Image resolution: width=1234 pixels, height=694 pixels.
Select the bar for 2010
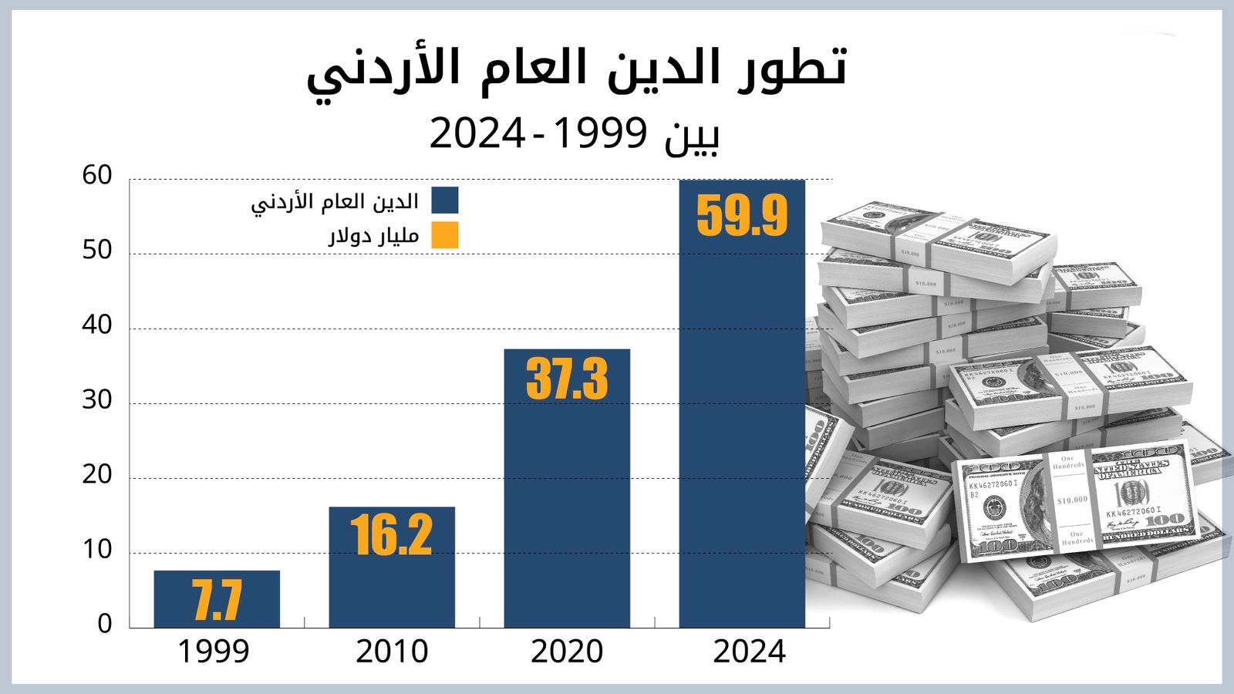[392, 586]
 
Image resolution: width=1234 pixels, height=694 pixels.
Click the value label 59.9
[742, 216]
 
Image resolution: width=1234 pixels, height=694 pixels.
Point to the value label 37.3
[567, 379]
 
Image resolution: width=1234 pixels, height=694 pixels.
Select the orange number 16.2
[392, 535]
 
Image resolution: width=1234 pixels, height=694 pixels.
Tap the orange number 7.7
[217, 601]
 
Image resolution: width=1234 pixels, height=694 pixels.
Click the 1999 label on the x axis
[214, 652]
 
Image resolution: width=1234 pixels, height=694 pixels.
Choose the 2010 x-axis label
[392, 652]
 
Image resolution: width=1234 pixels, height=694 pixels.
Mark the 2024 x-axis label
[749, 652]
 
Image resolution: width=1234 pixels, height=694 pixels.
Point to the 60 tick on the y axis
[98, 176]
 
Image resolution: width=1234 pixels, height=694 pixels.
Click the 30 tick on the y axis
[98, 400]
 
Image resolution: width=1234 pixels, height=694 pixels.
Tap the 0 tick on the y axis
[105, 625]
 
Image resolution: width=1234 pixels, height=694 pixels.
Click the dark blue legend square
[445, 200]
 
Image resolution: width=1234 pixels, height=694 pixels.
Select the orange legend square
[445, 235]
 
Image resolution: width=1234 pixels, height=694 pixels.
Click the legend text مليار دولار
[374, 236]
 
